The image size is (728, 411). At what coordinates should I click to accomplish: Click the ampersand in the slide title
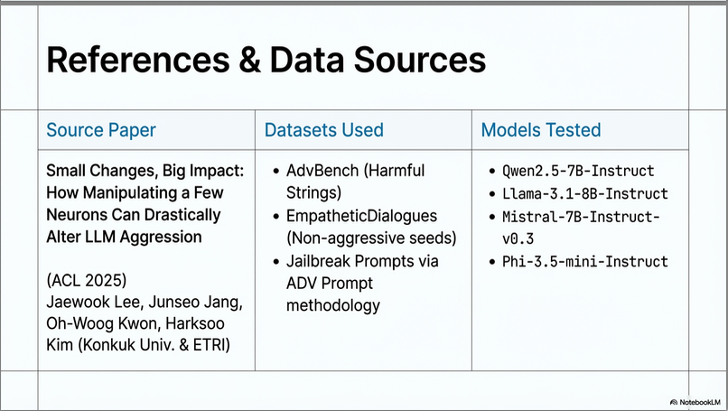pos(250,61)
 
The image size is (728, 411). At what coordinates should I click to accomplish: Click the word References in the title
pos(138,61)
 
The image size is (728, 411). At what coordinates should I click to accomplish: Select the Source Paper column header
pos(101,130)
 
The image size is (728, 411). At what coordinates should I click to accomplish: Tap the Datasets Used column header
pos(324,130)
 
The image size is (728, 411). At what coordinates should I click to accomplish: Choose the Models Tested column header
pos(541,130)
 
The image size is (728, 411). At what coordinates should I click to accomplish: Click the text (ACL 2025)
pos(87,281)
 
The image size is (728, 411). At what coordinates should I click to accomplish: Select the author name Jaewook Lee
pos(94,303)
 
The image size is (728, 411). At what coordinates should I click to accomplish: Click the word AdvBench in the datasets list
pos(322,171)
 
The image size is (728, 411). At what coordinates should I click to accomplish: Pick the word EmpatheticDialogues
pos(361,216)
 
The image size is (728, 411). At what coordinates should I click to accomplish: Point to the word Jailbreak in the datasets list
pos(319,261)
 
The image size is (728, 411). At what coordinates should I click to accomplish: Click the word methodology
pos(333,305)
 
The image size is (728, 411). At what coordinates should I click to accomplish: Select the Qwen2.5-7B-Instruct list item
pos(578,171)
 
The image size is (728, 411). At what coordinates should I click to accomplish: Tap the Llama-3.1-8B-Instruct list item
pos(585,193)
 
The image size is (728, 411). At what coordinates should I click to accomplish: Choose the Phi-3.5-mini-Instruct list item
pos(585,261)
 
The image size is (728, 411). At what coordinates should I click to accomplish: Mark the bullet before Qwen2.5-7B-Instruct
pos(492,172)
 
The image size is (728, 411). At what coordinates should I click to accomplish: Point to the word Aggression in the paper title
pos(161,237)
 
